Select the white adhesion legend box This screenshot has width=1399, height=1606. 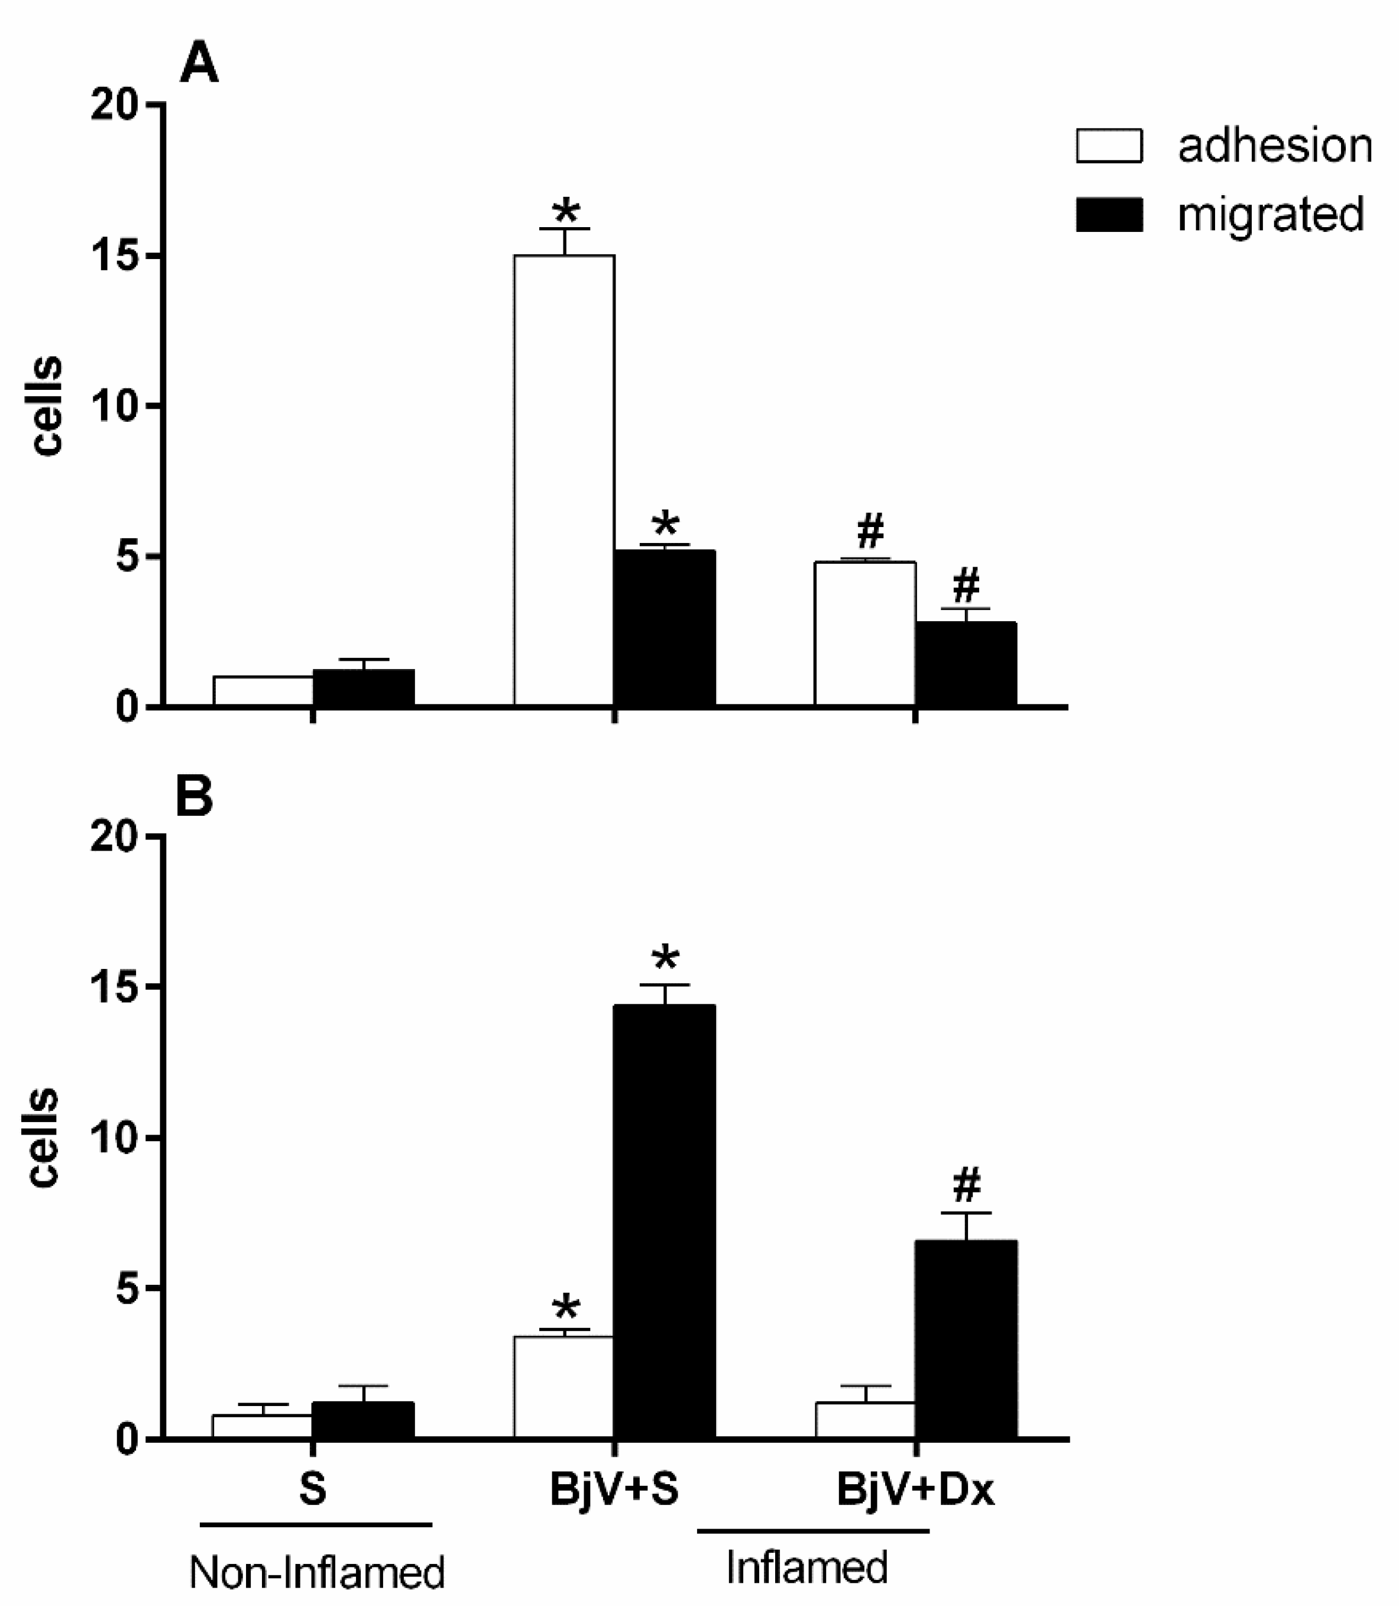(x=1109, y=146)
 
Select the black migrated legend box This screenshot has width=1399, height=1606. (x=1109, y=214)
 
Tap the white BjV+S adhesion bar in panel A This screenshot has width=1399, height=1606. (x=564, y=480)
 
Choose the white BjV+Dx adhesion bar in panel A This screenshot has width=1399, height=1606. (x=865, y=634)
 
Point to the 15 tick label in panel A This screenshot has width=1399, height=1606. (x=115, y=256)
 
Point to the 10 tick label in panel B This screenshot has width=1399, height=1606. (x=115, y=1138)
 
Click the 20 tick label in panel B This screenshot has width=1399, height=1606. (x=115, y=836)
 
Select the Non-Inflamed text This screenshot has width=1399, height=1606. (x=317, y=1572)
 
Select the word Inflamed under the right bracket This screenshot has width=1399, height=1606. (x=807, y=1566)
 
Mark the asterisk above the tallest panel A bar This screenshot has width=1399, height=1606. (x=565, y=212)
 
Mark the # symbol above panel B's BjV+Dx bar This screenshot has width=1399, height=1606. (x=967, y=1185)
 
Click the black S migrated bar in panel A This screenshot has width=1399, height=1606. (x=363, y=687)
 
